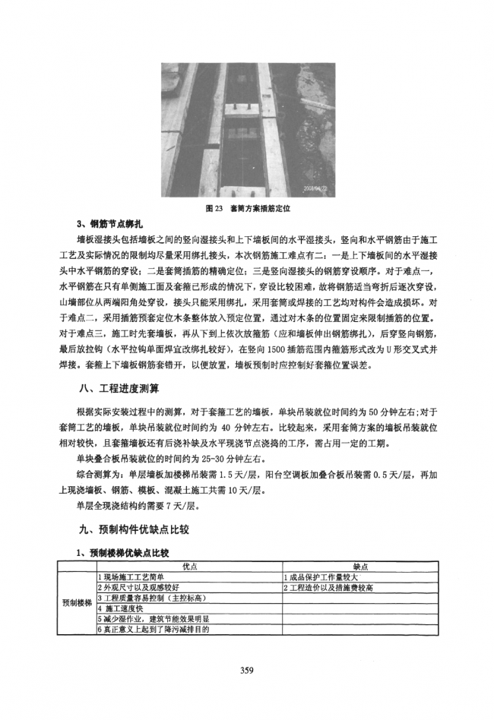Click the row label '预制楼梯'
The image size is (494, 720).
click(x=77, y=603)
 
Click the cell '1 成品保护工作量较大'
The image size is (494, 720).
click(x=319, y=577)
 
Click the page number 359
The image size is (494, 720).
click(x=246, y=669)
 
